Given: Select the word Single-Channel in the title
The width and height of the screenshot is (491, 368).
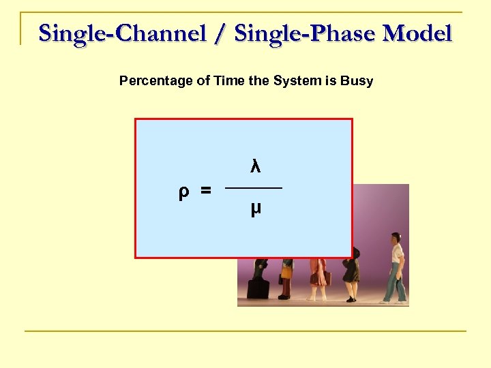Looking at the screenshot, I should (x=123, y=33).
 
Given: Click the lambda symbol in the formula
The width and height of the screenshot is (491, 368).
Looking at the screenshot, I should (x=254, y=166).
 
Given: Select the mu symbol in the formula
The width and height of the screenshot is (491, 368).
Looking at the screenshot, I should (x=255, y=209).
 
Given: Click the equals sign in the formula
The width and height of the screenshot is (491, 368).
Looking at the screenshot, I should (x=205, y=192).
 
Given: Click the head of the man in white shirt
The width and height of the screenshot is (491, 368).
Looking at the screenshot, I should (x=395, y=240).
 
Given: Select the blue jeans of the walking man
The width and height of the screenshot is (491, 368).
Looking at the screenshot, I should (x=393, y=283).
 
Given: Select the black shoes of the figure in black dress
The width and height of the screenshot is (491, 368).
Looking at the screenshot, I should (x=351, y=298).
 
